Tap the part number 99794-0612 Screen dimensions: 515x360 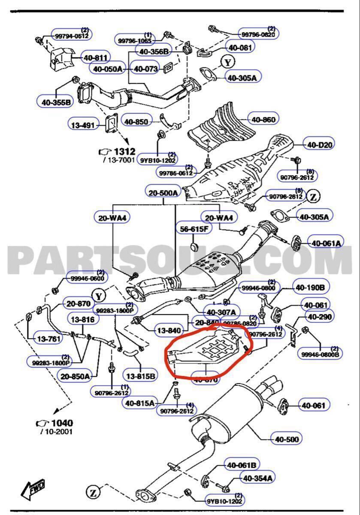(x=71, y=36)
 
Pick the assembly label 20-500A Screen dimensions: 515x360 (x=163, y=193)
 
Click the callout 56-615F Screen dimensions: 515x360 (x=194, y=229)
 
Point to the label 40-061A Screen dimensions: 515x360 (x=326, y=243)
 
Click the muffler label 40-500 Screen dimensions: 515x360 (x=287, y=439)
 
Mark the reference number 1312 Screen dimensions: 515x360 (x=124, y=151)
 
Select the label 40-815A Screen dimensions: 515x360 (x=140, y=403)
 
